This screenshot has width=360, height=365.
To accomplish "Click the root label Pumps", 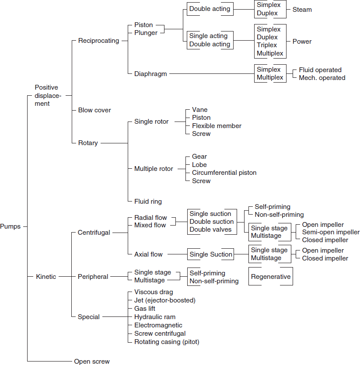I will pyautogui.click(x=10, y=226).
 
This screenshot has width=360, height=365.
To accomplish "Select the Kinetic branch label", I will pyautogui.click(x=46, y=277).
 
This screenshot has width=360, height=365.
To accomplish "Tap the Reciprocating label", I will pyautogui.click(x=98, y=41).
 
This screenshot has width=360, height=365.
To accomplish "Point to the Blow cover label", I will pyautogui.click(x=94, y=110).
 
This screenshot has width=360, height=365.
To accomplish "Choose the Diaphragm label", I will pyautogui.click(x=150, y=73).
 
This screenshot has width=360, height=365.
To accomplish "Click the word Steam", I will pyautogui.click(x=302, y=9).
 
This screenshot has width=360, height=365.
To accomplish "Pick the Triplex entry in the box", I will pyautogui.click(x=267, y=45).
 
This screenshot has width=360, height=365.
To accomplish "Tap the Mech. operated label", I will pyautogui.click(x=322, y=78).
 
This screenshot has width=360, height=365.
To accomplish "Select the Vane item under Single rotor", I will pyautogui.click(x=200, y=110).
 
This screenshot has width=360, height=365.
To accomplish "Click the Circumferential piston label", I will pyautogui.click(x=224, y=173).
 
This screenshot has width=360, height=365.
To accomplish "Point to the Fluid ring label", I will pyautogui.click(x=148, y=202).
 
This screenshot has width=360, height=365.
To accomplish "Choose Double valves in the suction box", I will pyautogui.click(x=210, y=229).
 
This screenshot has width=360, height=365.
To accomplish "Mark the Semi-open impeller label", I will pyautogui.click(x=331, y=232).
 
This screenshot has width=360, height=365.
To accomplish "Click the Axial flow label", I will pyautogui.click(x=148, y=254).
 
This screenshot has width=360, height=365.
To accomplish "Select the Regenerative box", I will pyautogui.click(x=271, y=277).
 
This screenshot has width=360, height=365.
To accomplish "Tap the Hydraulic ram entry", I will pyautogui.click(x=155, y=317).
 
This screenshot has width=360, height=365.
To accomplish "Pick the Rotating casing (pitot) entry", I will pyautogui.click(x=167, y=342).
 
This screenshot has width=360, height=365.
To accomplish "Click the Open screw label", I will pyautogui.click(x=92, y=361).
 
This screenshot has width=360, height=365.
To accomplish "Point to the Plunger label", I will pyautogui.click(x=146, y=33).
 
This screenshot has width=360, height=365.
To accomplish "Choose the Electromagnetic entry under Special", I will pyautogui.click(x=158, y=325).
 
